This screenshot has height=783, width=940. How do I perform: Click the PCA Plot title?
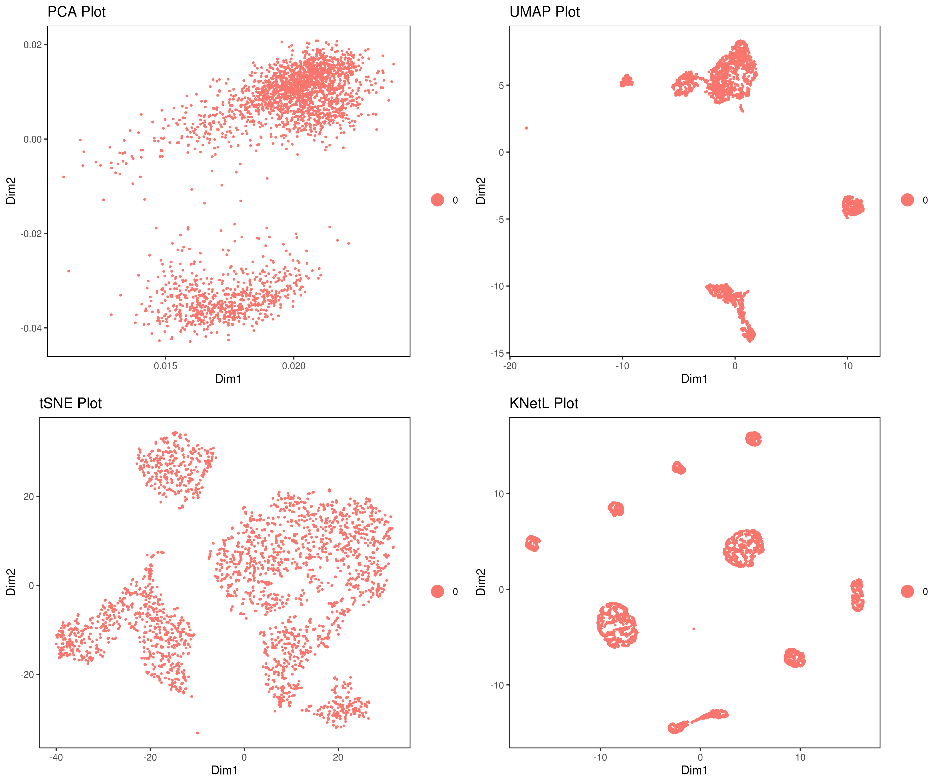(77, 12)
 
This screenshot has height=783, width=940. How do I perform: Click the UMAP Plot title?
(544, 12)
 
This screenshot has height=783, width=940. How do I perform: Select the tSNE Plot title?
(71, 403)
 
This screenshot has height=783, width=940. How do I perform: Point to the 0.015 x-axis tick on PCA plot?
(166, 366)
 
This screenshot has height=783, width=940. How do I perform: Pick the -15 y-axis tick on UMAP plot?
(497, 353)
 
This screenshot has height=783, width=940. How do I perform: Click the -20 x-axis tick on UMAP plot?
(510, 366)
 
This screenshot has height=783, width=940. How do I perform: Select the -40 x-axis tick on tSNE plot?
(56, 757)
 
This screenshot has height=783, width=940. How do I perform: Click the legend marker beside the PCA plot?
(437, 200)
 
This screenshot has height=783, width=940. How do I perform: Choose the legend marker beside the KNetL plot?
(907, 591)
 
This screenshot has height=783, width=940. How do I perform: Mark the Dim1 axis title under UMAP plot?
(694, 379)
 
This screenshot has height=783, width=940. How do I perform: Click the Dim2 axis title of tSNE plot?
(11, 582)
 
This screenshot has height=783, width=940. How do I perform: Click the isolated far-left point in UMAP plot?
(526, 128)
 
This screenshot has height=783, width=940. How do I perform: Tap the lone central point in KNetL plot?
(694, 629)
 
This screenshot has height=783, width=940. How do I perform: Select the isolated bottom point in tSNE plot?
(197, 733)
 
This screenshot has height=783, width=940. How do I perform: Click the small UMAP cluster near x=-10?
(627, 81)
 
